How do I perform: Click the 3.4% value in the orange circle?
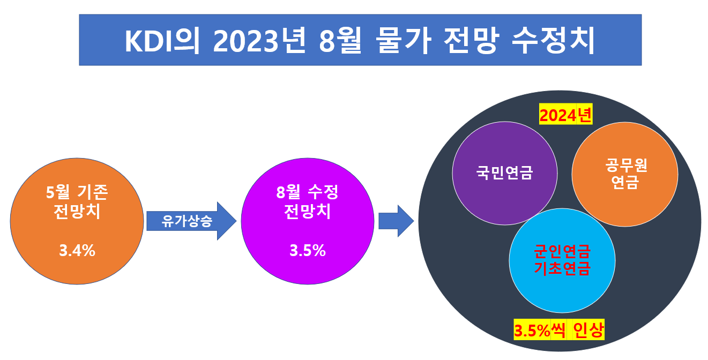coord(77,250)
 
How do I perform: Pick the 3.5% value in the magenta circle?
coord(308,250)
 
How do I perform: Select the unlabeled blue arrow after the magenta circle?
coord(396,220)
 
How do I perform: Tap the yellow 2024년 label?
coord(565,115)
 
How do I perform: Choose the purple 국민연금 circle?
coord(504,173)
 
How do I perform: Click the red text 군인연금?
coord(562,251)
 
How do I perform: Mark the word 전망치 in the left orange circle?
coord(77,211)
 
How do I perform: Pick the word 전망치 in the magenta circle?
coord(308,211)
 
